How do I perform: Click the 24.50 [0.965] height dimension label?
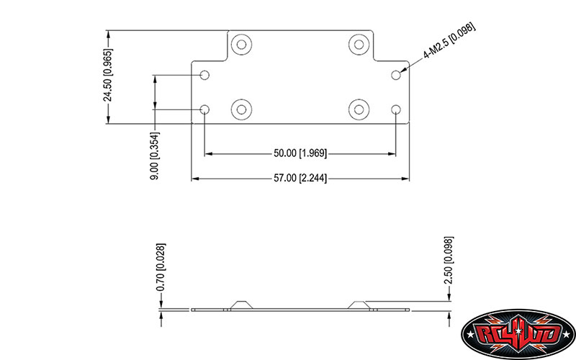pos(108,75)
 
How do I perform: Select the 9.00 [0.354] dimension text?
pos(155,156)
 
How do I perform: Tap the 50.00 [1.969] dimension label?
pos(300,153)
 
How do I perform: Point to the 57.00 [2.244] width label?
pos(300,178)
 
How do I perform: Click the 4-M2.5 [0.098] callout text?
pos(449,40)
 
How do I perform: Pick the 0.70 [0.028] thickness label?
pos(161,267)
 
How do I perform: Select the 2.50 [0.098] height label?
pos(449,260)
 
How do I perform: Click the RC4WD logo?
pos(518,334)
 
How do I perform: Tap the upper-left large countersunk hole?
pos(241,45)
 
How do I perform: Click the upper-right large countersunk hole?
pos(359,45)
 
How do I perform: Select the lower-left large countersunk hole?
pos(241,109)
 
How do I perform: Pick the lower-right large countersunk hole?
pos(359,109)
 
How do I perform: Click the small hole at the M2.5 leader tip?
pos(395,75)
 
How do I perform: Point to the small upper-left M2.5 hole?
pos(205,75)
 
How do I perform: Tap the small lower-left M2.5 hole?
pos(205,109)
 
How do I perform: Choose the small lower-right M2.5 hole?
pos(395,109)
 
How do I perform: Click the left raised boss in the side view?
pos(242,305)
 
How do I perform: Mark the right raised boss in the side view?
pos(359,305)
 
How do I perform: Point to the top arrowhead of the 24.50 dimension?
pos(108,34)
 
